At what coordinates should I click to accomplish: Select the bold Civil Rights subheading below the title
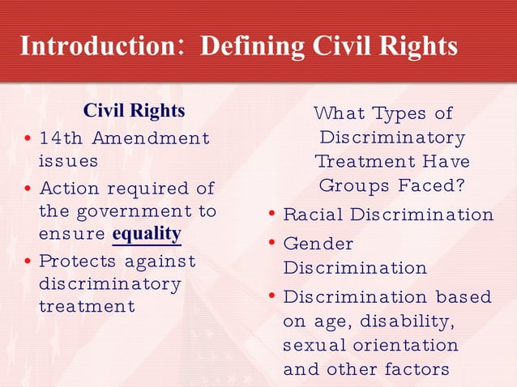[135, 110]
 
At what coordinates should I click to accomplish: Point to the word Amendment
[151, 138]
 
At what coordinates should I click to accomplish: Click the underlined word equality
[147, 234]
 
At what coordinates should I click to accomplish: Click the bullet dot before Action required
[28, 189]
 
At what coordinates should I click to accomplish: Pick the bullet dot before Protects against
[28, 262]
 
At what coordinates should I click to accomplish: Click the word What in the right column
[339, 113]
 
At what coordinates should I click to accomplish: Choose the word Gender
[318, 243]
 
